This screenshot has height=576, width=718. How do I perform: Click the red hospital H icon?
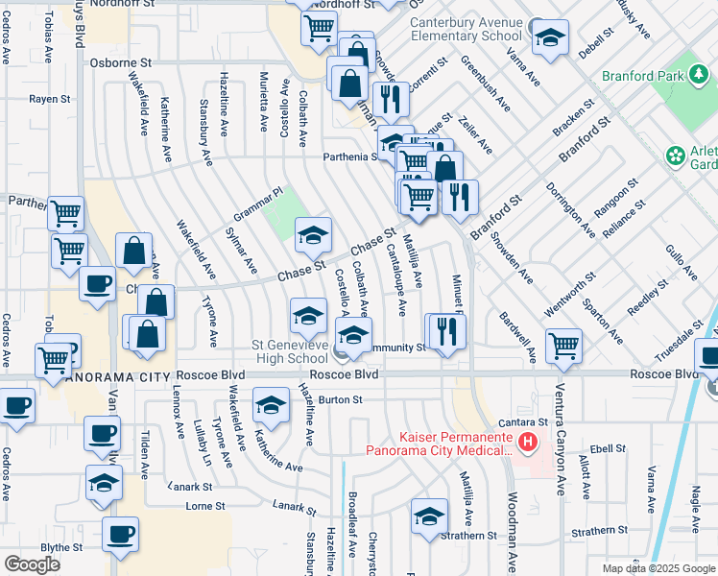[x=526, y=442]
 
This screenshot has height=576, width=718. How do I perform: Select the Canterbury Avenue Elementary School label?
[x=466, y=29]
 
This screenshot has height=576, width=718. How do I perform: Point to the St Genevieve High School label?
[x=289, y=352]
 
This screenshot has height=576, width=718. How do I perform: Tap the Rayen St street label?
[x=49, y=98]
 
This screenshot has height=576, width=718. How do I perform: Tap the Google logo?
[x=32, y=564]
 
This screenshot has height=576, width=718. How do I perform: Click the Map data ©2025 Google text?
[x=658, y=568]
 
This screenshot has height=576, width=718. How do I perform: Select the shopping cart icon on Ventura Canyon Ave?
[x=563, y=346]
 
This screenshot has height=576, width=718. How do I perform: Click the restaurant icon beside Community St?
[x=445, y=332]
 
